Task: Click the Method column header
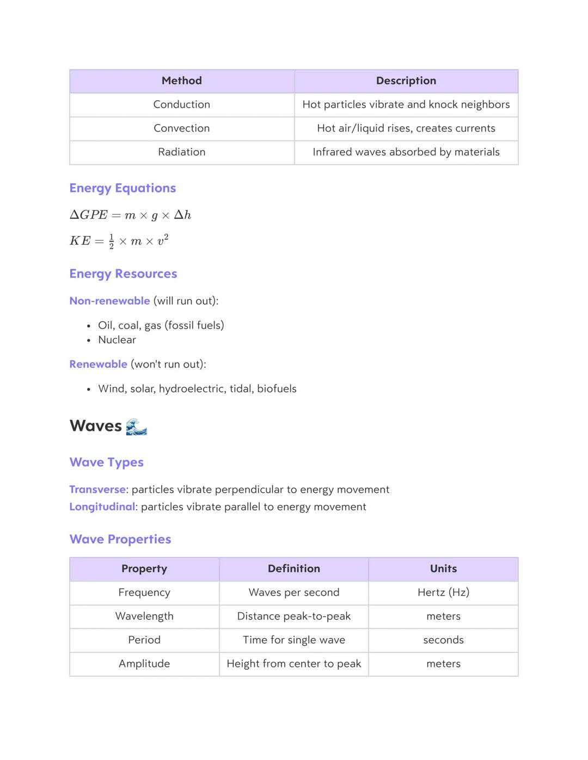pos(181,81)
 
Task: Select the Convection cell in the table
pos(181,128)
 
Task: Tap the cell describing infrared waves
pos(406,152)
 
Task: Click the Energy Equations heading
pos(122,188)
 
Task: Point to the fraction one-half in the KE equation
pos(112,241)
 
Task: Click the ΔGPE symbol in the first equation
pos(89,215)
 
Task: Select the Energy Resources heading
pos(123,274)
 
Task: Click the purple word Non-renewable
pos(109,301)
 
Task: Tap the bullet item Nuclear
pos(117,340)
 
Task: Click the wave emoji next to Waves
pos(136,427)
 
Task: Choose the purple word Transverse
pos(97,490)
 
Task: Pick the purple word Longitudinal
pos(102,507)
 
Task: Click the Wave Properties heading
pos(120,539)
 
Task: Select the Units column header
pos(443,569)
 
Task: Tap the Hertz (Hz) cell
pos(443,592)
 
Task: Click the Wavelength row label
pos(144,616)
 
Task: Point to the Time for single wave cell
pos(293,640)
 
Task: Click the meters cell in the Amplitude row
pos(443,664)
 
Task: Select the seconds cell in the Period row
pos(443,640)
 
